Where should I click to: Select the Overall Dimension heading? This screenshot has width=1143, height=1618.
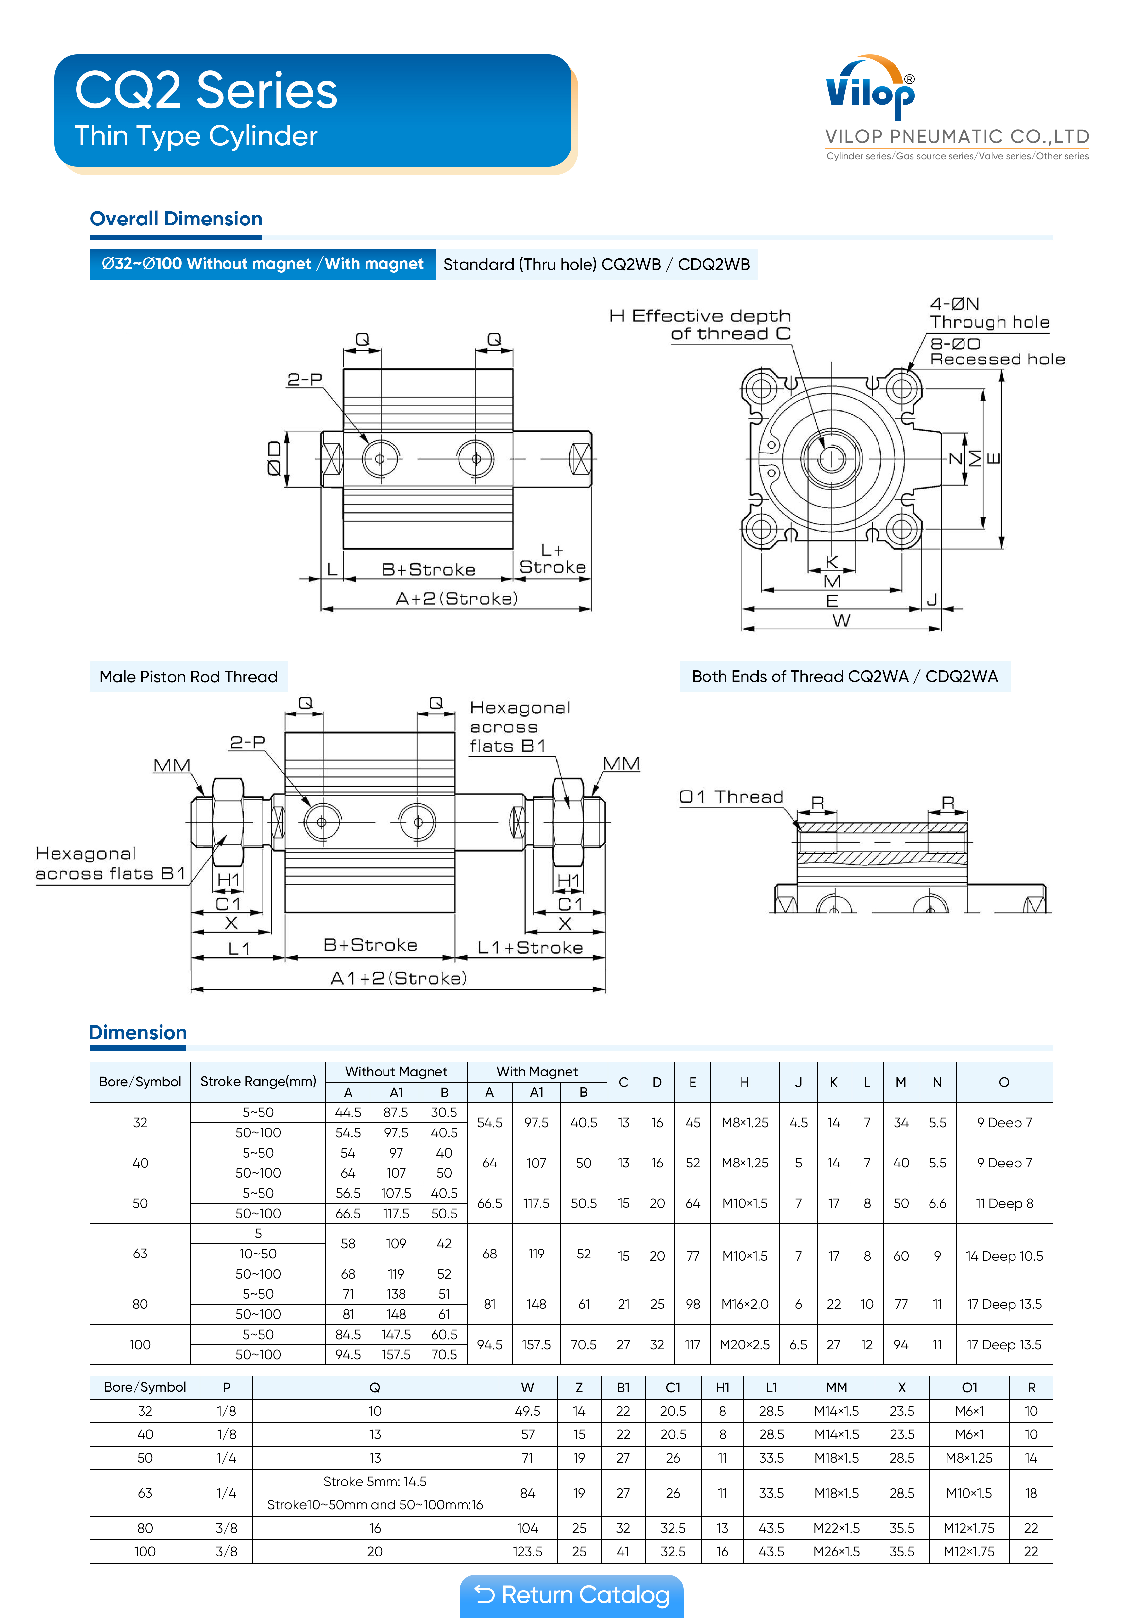click(x=176, y=219)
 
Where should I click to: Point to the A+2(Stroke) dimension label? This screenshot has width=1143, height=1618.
click(x=456, y=598)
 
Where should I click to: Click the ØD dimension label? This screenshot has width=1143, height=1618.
click(x=274, y=459)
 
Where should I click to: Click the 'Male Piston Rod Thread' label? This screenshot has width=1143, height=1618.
click(x=188, y=677)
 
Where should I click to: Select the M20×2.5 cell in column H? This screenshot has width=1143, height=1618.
click(x=744, y=1344)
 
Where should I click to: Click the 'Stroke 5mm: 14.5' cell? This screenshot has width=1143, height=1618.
click(x=375, y=1481)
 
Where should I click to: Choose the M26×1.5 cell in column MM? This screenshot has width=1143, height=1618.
click(x=836, y=1551)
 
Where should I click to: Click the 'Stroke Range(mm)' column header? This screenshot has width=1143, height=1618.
click(x=258, y=1082)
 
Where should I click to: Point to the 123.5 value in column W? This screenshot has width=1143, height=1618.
click(x=527, y=1551)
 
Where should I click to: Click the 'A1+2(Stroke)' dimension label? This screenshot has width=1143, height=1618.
click(x=398, y=978)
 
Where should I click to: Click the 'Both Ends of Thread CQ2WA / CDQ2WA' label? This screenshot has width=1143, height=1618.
click(x=844, y=677)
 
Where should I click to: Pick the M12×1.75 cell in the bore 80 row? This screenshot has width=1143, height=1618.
click(x=969, y=1528)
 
